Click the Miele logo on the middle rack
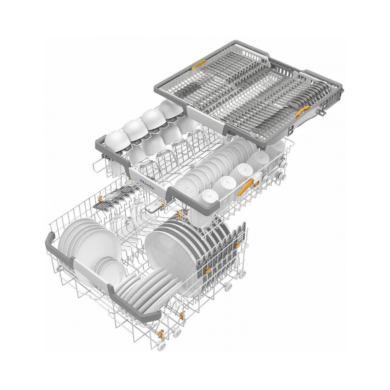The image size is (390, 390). (x=147, y=184)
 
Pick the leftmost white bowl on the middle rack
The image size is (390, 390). (x=117, y=140)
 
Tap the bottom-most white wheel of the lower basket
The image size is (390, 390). (x=161, y=346)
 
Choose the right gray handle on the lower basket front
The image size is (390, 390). (x=134, y=304)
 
